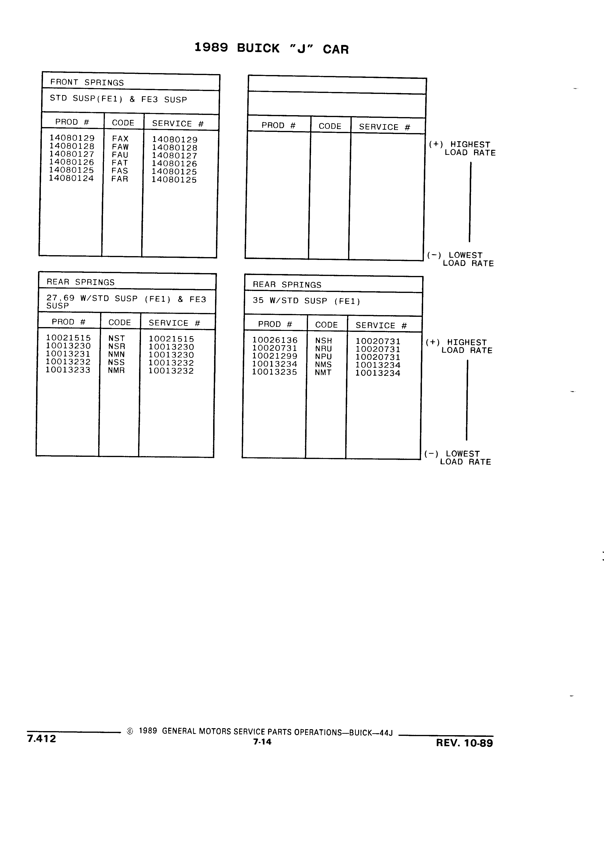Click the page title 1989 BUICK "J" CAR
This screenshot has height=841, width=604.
click(271, 49)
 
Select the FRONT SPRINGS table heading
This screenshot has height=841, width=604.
click(87, 82)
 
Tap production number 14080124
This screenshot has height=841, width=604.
click(72, 178)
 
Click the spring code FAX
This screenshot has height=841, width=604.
click(120, 139)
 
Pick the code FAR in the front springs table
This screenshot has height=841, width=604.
click(120, 179)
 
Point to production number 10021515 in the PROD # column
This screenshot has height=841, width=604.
click(68, 338)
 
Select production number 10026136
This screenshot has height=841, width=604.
click(275, 340)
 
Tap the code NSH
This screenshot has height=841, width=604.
click(324, 341)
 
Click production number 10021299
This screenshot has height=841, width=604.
click(275, 356)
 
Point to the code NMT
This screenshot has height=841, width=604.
click(323, 373)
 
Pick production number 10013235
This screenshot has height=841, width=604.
click(275, 372)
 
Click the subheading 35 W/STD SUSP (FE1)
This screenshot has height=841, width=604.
click(307, 301)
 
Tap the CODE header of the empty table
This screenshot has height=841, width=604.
click(330, 126)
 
